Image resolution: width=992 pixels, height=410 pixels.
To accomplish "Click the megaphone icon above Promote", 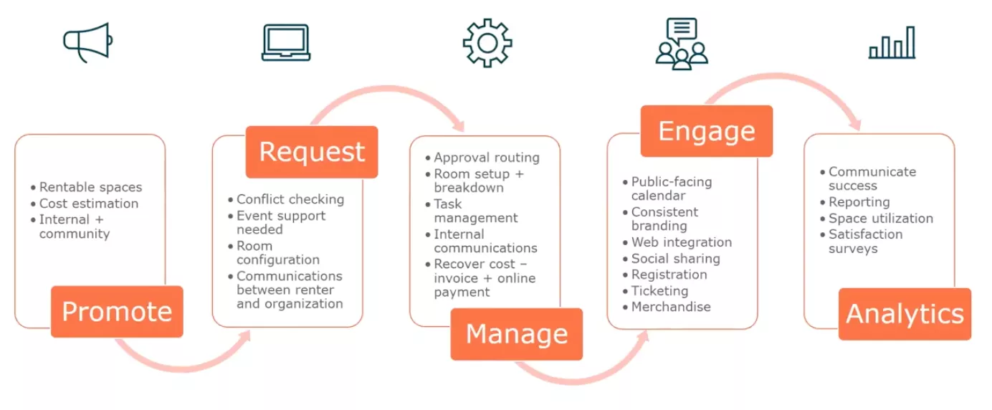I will coord(86,42).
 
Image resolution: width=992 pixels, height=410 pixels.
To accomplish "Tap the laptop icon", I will coord(286,43).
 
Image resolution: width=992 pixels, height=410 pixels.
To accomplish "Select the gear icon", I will coord(487,43).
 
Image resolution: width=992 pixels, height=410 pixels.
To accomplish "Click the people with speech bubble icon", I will coord(681,43).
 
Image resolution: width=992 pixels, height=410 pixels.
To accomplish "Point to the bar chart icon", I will coord(892,43).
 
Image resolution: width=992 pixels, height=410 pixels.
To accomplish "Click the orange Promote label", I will coord(117,312).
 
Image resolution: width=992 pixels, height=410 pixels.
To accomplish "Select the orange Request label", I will coord(312,152).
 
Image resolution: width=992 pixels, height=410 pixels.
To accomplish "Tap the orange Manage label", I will coord(516,334).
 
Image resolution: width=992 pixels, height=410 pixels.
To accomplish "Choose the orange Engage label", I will coord(706,131).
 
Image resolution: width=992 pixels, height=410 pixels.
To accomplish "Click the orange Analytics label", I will coord(905,314).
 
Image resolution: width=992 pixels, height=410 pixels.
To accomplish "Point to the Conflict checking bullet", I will coord(290,199).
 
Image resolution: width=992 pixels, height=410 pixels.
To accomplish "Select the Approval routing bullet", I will coord(486,158).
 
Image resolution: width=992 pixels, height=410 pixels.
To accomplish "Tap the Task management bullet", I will coord(475,211).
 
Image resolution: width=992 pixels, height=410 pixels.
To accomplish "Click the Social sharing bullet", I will coord(675,259).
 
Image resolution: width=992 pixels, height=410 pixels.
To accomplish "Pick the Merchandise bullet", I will coord(670,307).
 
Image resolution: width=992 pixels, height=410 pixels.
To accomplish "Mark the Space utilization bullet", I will coord(880,219).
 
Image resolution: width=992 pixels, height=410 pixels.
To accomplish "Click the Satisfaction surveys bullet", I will coord(865,242).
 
